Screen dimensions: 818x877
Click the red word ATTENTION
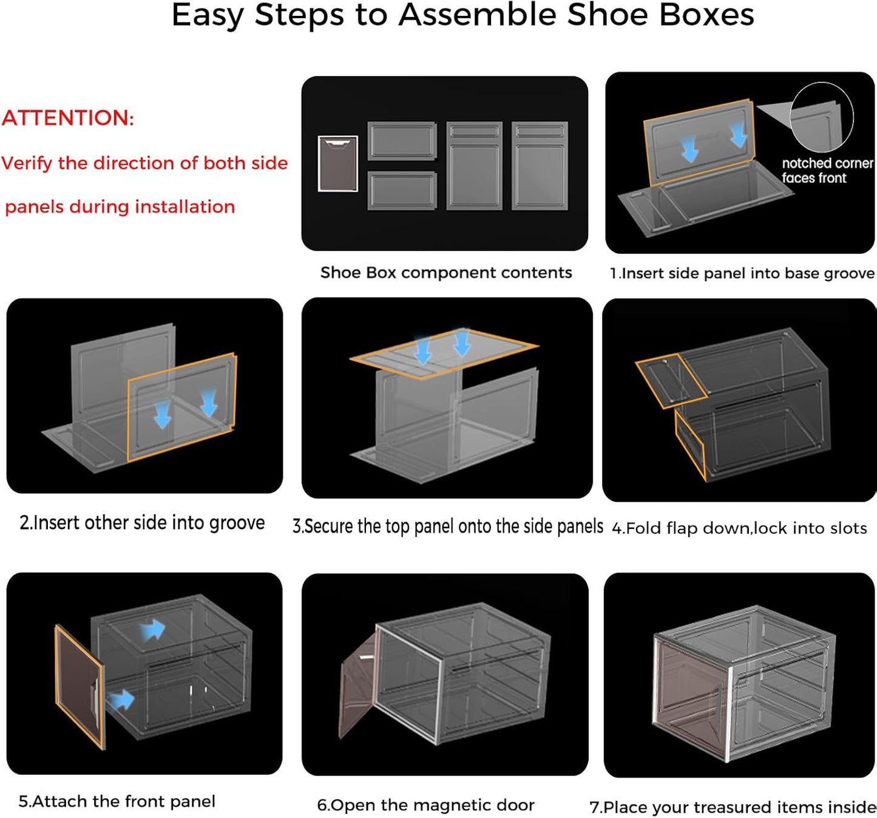[67, 118]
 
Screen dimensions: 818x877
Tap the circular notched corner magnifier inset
[821, 117]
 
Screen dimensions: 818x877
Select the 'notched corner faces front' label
[827, 171]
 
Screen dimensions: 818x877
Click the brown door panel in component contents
[337, 164]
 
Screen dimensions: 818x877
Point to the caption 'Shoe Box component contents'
[446, 273]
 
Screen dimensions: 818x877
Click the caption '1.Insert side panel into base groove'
[742, 273]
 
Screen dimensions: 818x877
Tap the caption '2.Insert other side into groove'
[142, 523]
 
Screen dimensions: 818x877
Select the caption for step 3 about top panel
[448, 526]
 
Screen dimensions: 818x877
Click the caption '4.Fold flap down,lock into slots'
[739, 528]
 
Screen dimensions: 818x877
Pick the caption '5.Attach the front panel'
[117, 802]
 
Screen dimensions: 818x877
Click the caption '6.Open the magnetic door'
[425, 805]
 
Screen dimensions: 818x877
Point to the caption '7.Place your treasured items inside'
[733, 807]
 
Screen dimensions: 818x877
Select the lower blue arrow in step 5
[122, 700]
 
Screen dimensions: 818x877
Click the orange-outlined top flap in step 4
[670, 380]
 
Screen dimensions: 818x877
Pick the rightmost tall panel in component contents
[540, 165]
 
